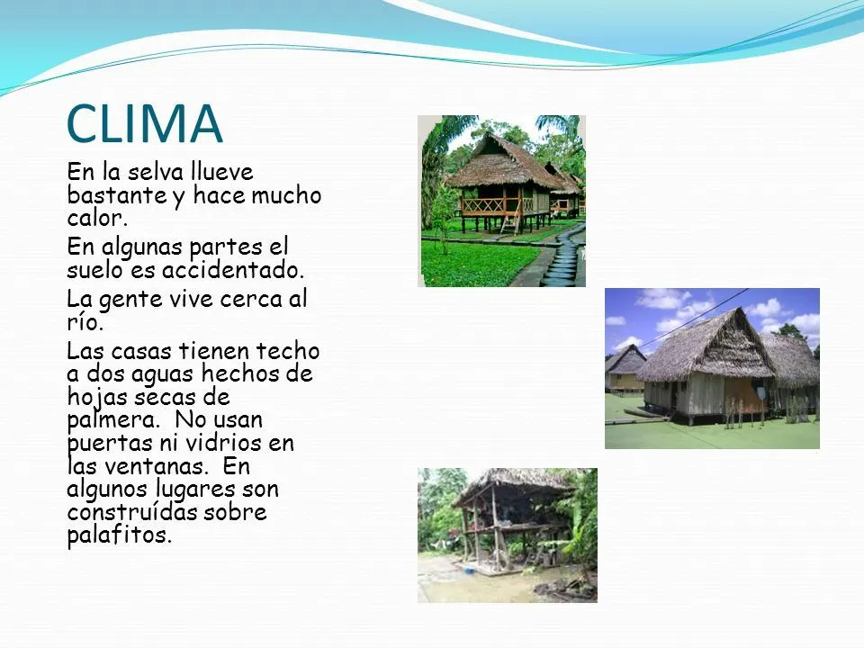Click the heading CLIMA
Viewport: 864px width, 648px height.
145,124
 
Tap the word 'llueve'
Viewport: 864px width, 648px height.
221,172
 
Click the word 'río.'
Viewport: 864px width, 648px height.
85,322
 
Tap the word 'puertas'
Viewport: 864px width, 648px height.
104,443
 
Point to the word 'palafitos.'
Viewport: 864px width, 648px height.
118,536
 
